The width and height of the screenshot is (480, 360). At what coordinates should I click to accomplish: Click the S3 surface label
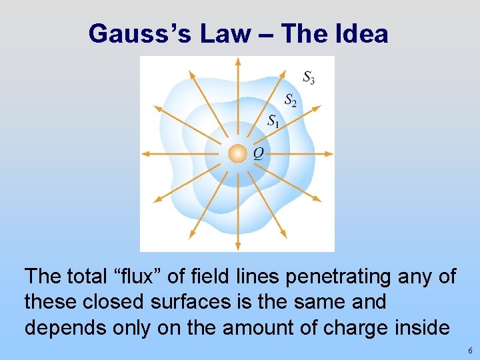pos(309,77)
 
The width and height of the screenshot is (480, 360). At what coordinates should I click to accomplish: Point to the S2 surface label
pos(291,101)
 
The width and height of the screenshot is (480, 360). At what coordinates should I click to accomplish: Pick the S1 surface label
pos(273,121)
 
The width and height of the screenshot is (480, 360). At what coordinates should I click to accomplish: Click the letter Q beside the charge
pos(258,154)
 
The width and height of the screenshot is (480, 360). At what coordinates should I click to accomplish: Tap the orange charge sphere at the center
pos(237,154)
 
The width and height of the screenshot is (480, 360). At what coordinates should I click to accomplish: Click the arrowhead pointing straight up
pos(237,61)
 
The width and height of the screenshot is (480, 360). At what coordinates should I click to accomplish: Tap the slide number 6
pos(470,351)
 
